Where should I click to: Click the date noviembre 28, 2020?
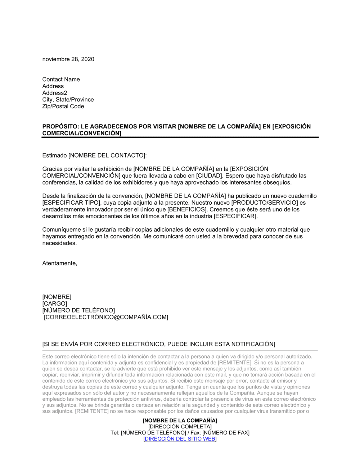point(68,59)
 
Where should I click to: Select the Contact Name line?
point(61,79)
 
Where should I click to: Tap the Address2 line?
point(55,93)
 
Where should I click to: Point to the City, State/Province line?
point(68,100)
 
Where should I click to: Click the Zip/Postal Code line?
point(63,106)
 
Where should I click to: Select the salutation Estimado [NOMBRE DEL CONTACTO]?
point(94,155)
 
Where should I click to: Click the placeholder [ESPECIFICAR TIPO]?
point(70,203)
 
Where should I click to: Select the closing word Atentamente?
point(59,263)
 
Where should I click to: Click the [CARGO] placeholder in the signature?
point(55,304)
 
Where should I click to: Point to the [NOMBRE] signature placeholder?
point(57,297)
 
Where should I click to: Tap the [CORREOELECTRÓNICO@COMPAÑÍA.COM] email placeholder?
point(106,317)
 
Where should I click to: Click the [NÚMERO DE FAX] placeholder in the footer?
point(226,433)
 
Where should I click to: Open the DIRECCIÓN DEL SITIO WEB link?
point(180,439)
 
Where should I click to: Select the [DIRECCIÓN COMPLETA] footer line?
point(180,427)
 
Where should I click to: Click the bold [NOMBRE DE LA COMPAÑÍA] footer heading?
point(180,420)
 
